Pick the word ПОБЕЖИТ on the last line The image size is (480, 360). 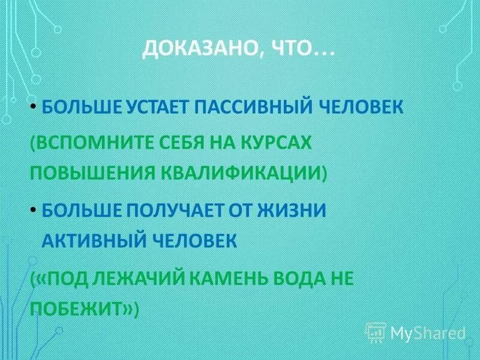pos(80,308)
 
